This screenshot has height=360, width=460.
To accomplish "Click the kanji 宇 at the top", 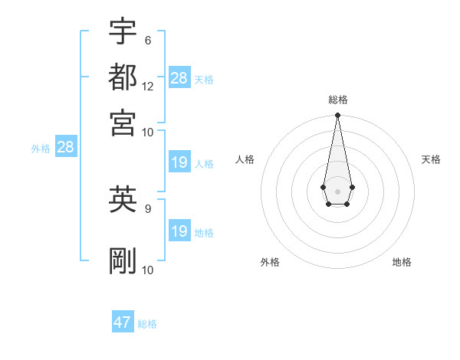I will [x=123, y=31].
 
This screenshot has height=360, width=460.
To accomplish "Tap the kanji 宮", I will [x=123, y=122].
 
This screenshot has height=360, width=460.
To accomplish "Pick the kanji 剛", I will [x=123, y=261].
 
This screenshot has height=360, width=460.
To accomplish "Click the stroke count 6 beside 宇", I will [x=148, y=40].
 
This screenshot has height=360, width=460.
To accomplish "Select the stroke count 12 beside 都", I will [x=148, y=86].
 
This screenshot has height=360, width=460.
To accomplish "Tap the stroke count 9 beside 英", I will [x=148, y=207].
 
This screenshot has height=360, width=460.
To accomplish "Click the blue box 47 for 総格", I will [x=123, y=322].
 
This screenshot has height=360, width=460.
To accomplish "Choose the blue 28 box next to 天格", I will [x=179, y=78].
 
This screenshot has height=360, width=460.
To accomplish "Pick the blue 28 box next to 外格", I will [x=65, y=147].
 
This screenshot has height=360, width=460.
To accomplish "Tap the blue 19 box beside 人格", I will [x=179, y=162].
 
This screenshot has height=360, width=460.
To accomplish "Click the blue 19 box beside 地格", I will [x=179, y=231].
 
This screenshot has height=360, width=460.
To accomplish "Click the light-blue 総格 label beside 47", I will [x=147, y=324].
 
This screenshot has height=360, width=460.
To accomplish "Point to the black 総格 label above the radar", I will [x=337, y=100].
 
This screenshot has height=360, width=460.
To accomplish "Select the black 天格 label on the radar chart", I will [x=431, y=159].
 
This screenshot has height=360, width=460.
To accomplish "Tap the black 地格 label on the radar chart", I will [x=402, y=262].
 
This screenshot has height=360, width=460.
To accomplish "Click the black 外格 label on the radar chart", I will [x=270, y=262].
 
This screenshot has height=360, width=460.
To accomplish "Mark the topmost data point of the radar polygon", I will [x=337, y=116].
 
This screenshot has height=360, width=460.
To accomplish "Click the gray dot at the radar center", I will [x=337, y=190].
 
